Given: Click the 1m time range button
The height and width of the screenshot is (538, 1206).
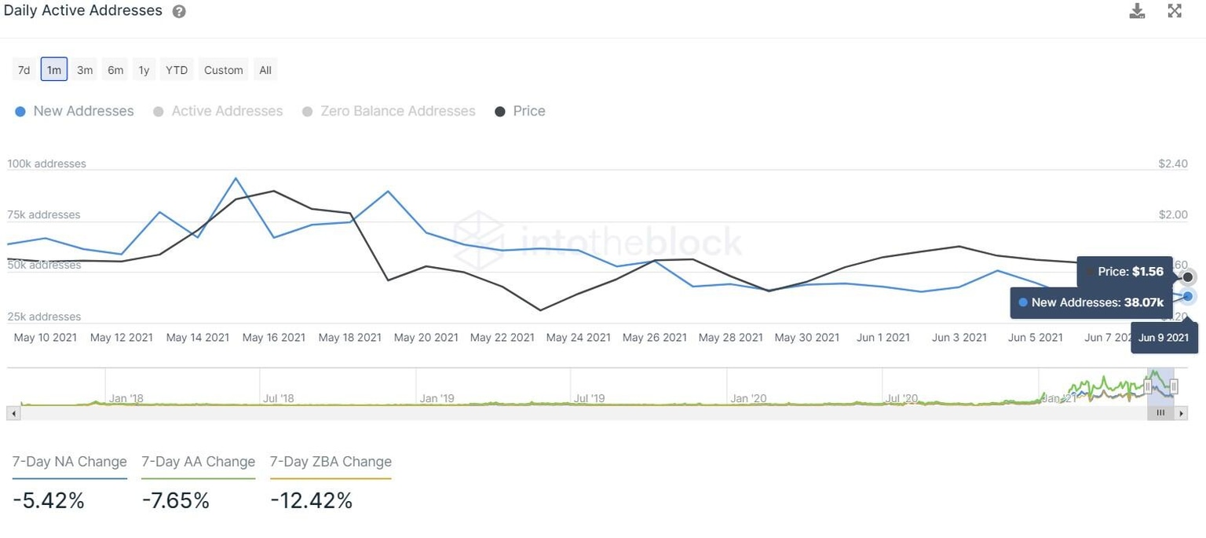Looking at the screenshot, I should coord(53,70).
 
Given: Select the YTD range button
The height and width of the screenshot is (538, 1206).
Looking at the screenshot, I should coord(177,70).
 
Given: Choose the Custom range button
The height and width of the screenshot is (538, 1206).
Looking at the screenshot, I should coord(223,70).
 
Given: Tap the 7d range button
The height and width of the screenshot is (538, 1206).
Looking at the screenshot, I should coord(24,70).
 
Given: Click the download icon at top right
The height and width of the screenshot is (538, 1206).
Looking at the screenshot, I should coord(1137,11).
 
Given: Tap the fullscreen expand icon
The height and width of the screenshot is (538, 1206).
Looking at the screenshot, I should coord(1175,11).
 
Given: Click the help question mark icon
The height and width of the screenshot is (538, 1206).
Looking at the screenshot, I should coord(179,12).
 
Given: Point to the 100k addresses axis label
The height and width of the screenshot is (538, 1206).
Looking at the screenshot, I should coord(47,164).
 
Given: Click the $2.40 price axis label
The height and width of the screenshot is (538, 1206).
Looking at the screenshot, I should coord(1173,164).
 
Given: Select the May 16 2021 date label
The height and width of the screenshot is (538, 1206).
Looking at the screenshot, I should coord(274,338).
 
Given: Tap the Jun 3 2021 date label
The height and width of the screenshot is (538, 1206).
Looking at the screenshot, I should coord(959,338).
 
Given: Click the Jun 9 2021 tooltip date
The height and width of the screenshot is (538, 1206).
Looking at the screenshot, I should coord(1164,338).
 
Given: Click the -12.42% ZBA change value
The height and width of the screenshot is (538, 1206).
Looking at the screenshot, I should coord(311,500).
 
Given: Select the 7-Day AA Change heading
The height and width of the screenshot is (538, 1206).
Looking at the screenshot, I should coord(198,462).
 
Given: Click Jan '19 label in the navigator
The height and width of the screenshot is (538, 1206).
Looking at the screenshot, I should coord(438,398).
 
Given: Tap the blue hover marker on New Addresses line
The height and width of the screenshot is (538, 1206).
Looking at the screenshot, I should coord(1188,296).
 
